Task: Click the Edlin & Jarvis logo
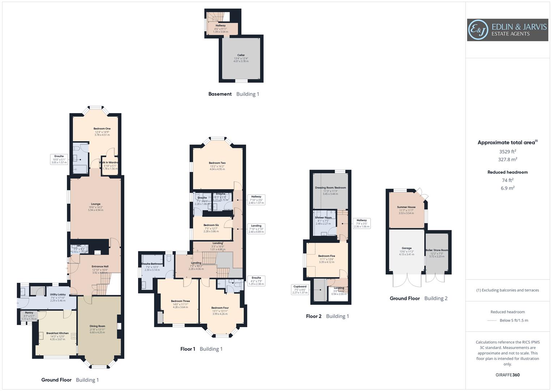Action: (x=507, y=30)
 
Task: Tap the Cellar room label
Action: (x=241, y=55)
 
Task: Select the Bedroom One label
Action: (x=102, y=129)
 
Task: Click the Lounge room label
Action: (x=95, y=204)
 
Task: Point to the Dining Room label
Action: (x=97, y=326)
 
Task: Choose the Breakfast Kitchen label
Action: (x=57, y=333)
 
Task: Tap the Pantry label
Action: (x=29, y=313)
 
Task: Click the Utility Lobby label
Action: (x=58, y=295)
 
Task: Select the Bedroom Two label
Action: (x=217, y=163)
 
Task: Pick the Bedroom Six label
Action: (x=211, y=225)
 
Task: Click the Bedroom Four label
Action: (x=220, y=308)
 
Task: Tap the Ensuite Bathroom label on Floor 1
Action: (x=152, y=264)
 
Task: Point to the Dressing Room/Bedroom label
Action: (x=330, y=188)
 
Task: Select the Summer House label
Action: (x=406, y=207)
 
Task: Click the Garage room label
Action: (x=406, y=248)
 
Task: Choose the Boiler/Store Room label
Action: (x=437, y=250)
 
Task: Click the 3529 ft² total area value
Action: (x=508, y=152)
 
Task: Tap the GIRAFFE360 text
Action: (x=508, y=375)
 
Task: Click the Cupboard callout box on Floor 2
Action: (x=300, y=289)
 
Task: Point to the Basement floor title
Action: (x=220, y=94)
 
